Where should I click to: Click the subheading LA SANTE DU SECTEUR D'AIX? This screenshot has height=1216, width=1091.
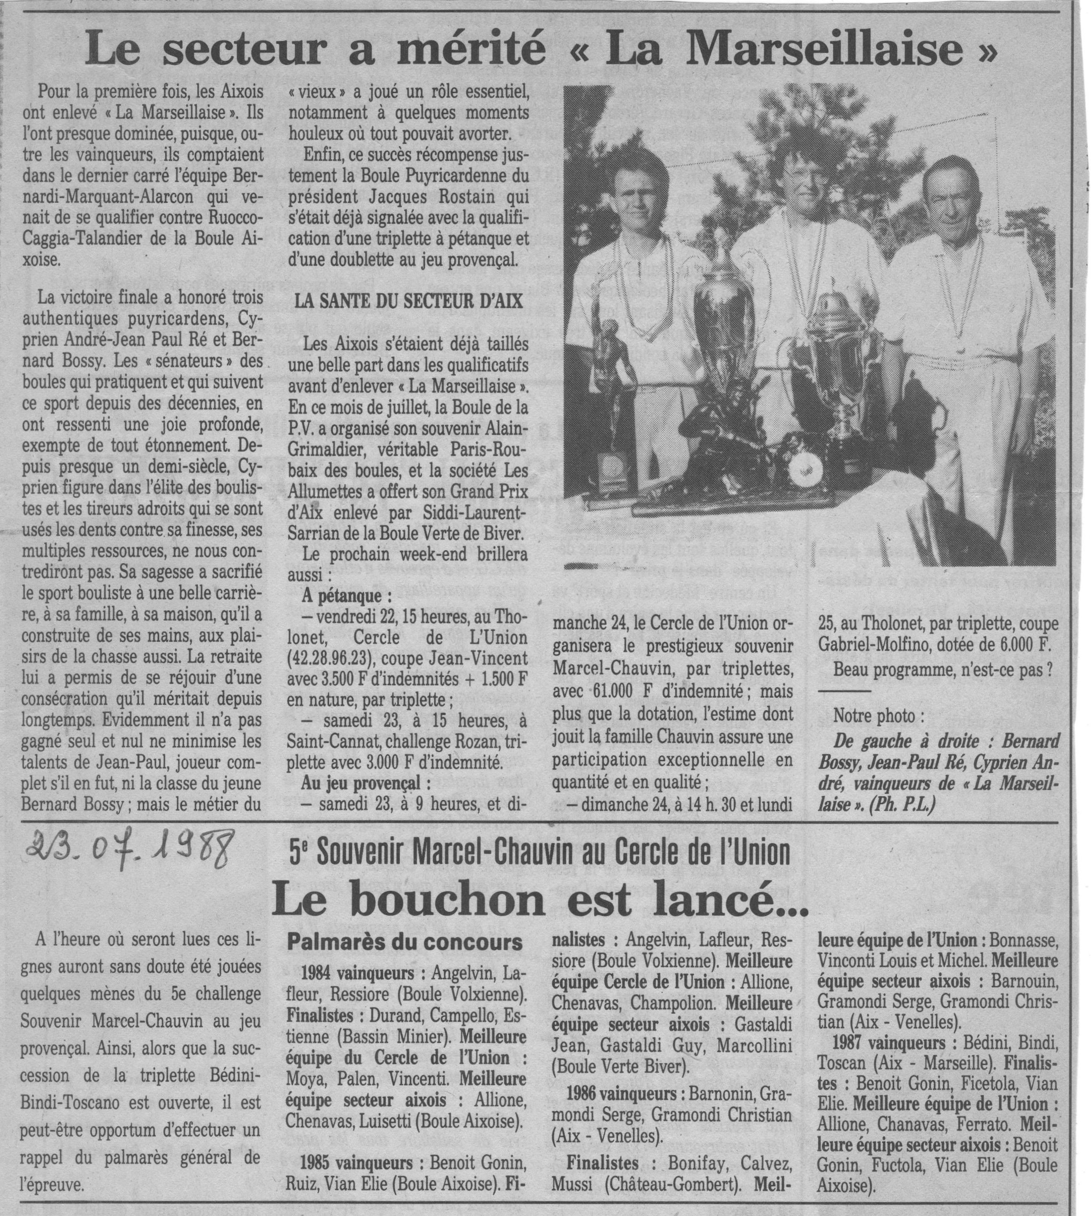[409, 301]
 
